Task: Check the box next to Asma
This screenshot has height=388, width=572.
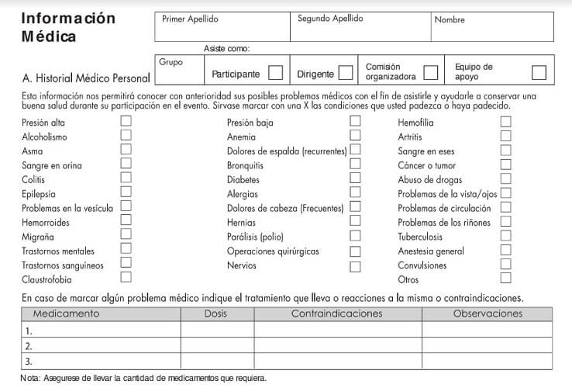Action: pos(126,150)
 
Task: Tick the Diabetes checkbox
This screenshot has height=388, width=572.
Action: pos(355,178)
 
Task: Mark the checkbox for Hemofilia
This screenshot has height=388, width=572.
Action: pos(505,122)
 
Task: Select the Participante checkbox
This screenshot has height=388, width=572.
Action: pos(275,74)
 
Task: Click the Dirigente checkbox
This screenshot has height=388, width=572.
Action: pos(346,74)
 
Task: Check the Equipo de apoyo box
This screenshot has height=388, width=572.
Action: pos(539,73)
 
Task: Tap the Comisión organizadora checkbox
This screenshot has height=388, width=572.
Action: pos(430,73)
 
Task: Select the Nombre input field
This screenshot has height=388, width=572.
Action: pos(492,30)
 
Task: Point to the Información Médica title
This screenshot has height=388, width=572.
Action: pos(68,26)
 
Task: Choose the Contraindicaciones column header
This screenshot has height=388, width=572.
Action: pos(337,314)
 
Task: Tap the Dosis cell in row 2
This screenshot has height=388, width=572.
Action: pos(217,346)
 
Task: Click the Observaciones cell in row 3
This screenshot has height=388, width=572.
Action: pos(487,361)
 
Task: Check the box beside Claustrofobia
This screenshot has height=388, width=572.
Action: pos(126,277)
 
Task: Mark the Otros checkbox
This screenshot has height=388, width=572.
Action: pos(505,278)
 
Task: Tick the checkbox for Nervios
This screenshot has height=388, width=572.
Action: pos(355,266)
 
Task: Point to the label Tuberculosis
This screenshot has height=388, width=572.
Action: pos(420,237)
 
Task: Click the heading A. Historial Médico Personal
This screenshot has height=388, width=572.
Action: pos(86,78)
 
